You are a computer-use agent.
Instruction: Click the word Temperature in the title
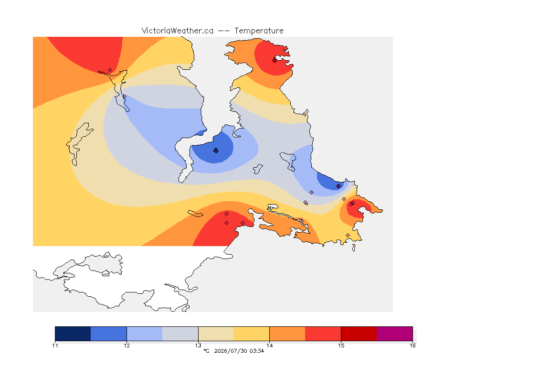259,31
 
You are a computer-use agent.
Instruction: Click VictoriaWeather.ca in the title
178,31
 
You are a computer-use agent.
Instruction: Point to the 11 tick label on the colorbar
55,345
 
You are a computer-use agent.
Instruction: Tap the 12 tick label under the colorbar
127,345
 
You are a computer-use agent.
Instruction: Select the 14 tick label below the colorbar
269,345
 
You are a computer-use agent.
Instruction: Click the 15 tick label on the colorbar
341,345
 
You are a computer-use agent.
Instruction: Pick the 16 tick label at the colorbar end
412,345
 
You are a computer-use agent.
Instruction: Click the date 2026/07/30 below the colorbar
231,351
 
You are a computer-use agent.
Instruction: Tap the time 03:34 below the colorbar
257,351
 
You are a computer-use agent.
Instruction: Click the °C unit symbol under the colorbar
206,351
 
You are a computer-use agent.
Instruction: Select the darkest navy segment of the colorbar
73,334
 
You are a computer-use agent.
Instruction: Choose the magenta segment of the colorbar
395,334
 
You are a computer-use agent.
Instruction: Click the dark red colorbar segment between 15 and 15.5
359,334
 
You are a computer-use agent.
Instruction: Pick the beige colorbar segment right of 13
216,334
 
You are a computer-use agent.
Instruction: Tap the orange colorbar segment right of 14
287,334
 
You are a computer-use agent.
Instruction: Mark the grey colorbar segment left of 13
180,334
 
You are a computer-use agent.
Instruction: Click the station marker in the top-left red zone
110,70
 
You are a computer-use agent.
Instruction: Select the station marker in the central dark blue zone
216,151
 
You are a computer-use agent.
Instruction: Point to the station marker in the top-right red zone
275,60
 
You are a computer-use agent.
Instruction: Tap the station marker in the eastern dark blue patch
338,186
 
